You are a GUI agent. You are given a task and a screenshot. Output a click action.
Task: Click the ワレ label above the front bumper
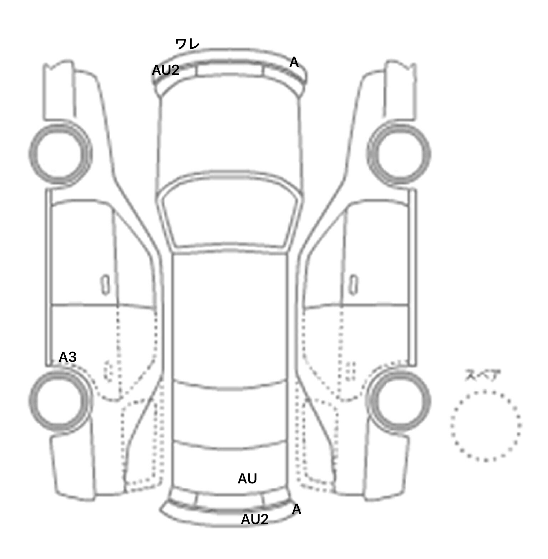(187, 44)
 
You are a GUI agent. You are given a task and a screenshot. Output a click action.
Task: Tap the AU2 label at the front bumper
(166, 70)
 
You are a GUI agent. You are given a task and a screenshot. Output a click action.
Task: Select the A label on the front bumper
(294, 62)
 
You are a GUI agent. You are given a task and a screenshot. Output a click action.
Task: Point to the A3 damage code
(67, 357)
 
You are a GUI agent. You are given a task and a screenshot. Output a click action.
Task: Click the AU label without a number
(247, 479)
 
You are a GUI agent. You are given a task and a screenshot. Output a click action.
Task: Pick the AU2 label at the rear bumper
(255, 519)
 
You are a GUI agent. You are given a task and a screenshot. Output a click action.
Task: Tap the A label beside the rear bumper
(296, 509)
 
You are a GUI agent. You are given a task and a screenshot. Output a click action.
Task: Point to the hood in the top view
(230, 135)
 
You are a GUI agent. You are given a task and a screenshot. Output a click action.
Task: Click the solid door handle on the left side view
(105, 284)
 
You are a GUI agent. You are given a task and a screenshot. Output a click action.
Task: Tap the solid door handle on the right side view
(354, 284)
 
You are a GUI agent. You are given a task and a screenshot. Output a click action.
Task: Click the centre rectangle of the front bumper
(230, 70)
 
